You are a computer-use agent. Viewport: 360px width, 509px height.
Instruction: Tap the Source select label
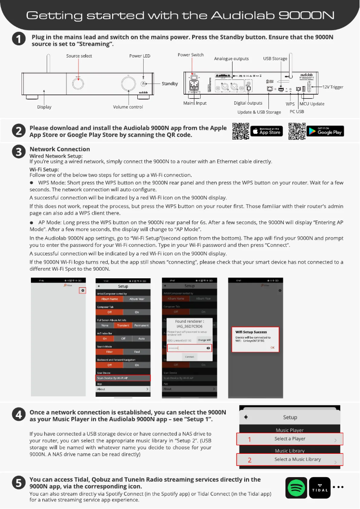point(79,56)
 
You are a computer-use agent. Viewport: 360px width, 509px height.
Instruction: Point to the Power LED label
point(140,56)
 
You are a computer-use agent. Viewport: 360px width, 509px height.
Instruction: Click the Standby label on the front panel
point(170,83)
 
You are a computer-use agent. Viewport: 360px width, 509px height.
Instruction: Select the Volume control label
point(128,107)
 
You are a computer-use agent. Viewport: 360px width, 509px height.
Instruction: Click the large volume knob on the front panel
point(128,84)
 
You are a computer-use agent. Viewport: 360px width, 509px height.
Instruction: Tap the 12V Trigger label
point(333,87)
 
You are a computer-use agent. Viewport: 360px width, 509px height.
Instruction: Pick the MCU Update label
point(312,104)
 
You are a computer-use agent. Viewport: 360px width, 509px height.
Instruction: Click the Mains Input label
point(195,103)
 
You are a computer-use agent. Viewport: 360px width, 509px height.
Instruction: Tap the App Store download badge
point(266,131)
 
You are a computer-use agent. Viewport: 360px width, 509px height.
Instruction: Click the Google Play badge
point(325,131)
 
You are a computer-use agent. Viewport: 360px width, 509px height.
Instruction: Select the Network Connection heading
point(60,149)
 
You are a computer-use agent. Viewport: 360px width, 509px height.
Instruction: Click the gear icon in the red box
point(83,290)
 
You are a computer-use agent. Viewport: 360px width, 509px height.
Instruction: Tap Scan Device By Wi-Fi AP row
point(123,378)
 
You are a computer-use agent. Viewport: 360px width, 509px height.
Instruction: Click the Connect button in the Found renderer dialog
point(189,356)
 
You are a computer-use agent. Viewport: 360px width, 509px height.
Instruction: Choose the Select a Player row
point(290,439)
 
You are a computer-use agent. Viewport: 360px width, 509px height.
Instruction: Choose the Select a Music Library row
point(290,460)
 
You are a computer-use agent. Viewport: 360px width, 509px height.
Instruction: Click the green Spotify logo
point(296,487)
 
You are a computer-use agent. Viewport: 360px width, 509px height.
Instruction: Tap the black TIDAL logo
point(320,487)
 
